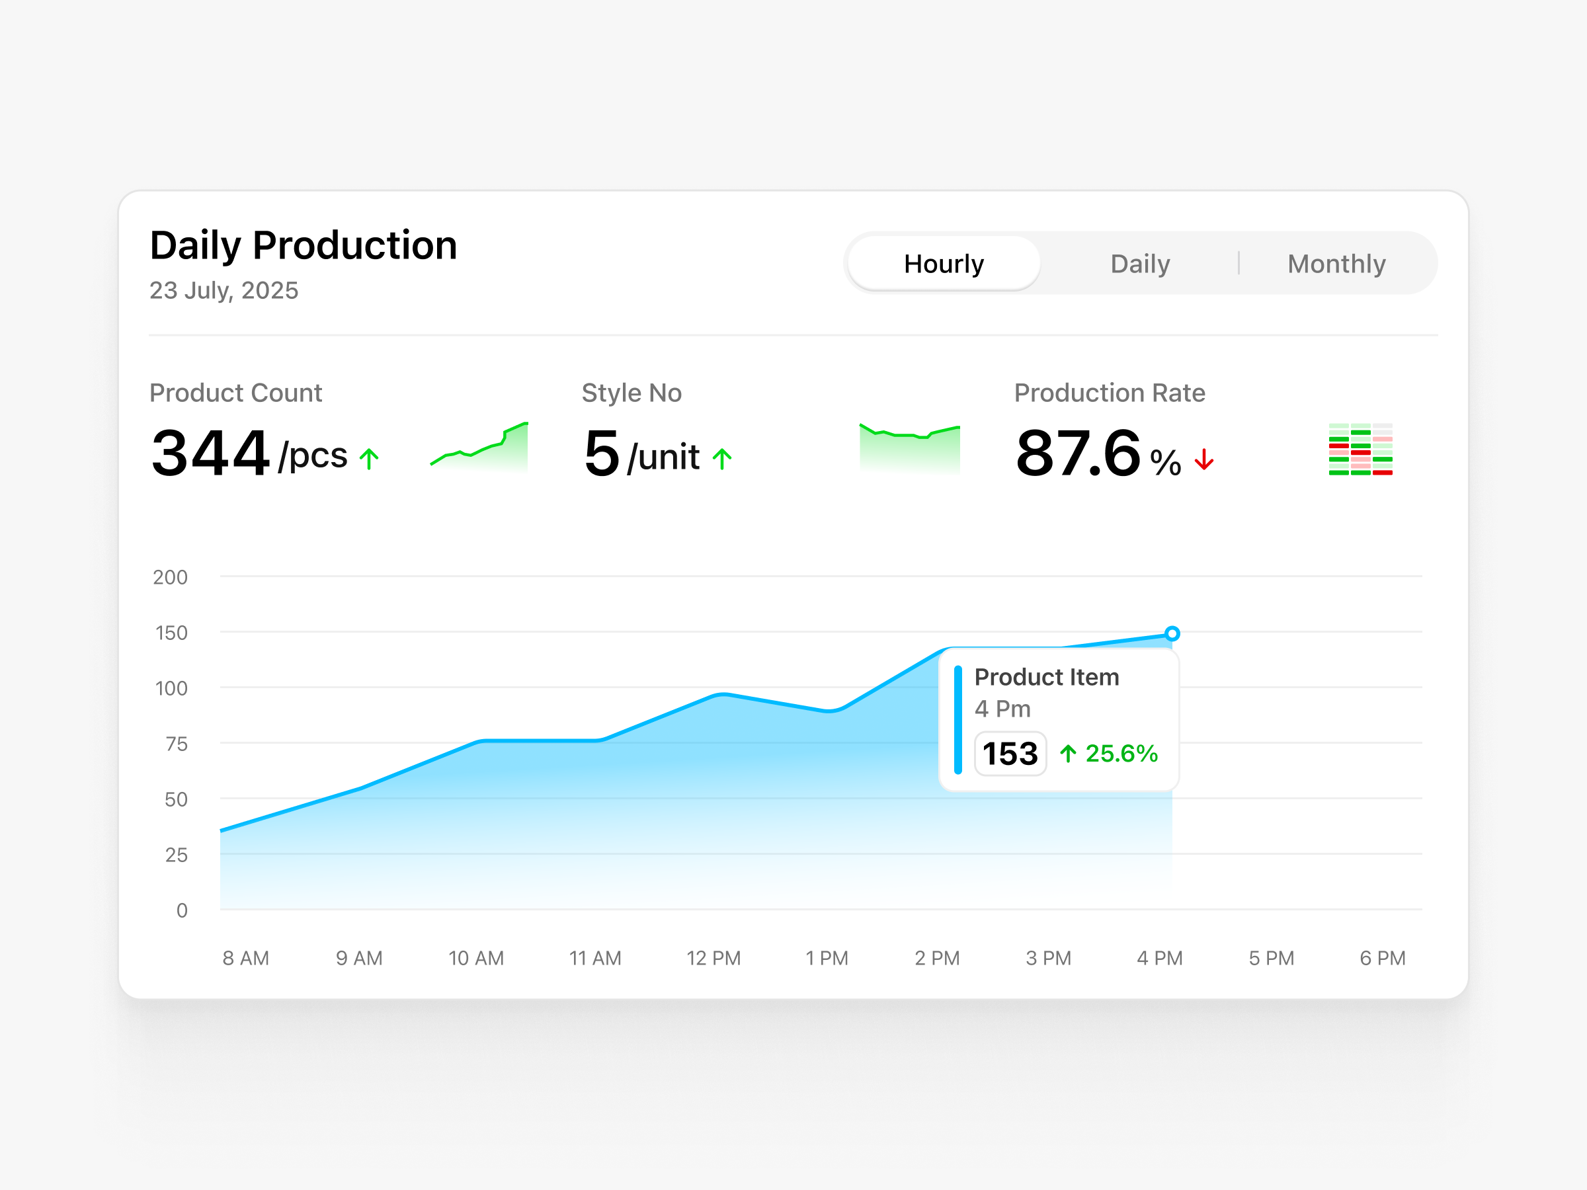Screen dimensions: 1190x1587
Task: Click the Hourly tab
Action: [944, 263]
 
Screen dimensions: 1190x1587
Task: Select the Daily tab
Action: [1140, 263]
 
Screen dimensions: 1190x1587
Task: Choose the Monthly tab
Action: [1336, 263]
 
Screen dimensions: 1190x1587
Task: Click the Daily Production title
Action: [304, 245]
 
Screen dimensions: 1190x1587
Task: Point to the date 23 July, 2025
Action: [224, 290]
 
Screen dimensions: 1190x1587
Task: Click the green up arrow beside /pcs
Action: [369, 459]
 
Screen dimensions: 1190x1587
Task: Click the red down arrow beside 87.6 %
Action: [1204, 459]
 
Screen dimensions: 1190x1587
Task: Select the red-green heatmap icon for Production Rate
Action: [1360, 450]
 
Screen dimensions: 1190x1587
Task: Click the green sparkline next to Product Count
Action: [479, 447]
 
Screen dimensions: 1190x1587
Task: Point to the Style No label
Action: [631, 393]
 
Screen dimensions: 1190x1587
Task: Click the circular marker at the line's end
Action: [1172, 633]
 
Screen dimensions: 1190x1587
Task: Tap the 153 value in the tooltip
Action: [1010, 753]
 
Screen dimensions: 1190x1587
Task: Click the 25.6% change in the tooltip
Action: [1121, 753]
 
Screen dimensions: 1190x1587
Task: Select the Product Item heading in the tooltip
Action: [1046, 677]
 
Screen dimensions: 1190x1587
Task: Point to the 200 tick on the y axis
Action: [170, 577]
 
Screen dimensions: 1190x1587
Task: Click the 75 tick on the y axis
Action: [177, 744]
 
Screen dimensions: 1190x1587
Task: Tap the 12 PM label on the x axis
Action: [713, 959]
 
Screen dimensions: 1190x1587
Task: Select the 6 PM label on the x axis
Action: [1383, 959]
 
